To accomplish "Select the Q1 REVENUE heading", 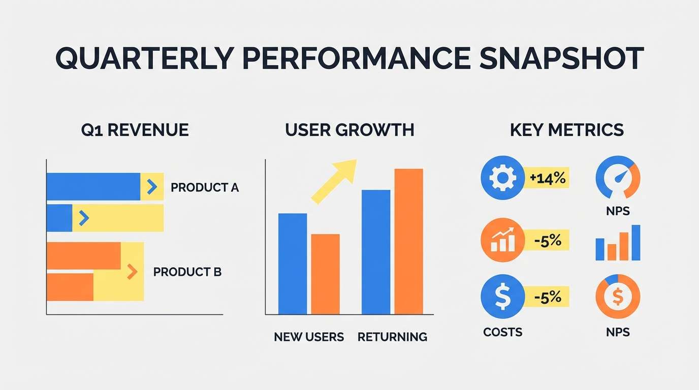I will tap(135, 130).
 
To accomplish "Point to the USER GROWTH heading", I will tap(349, 130).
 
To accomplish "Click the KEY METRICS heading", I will tap(566, 130).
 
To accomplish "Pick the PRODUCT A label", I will tap(204, 188).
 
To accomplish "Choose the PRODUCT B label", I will tap(187, 272).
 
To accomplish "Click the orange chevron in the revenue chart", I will tap(132, 272).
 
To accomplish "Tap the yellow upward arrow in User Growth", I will tap(335, 180).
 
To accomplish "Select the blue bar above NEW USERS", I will tap(293, 264).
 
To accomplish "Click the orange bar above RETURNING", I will tap(408, 241).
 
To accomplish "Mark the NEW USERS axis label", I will tap(309, 337).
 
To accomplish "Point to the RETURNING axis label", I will tap(392, 337).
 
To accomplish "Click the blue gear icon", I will tap(502, 178).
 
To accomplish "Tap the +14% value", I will tap(547, 178).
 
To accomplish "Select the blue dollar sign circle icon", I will tap(502, 297).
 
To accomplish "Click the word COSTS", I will tap(502, 332).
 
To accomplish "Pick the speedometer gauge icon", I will tap(618, 178).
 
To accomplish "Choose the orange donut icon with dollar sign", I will tap(618, 297).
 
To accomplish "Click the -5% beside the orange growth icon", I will tap(548, 240).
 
